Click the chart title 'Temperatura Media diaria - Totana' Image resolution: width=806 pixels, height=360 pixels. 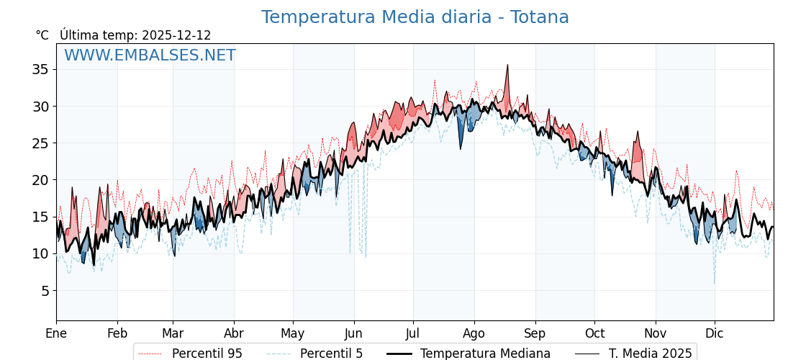click(415, 17)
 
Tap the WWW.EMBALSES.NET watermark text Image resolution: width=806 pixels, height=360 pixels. click(150, 55)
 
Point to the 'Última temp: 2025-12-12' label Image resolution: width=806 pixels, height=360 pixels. click(135, 35)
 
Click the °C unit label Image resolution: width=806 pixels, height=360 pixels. click(42, 35)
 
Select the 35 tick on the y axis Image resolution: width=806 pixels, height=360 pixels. click(40, 69)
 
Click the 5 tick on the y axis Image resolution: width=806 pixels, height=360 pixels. click(44, 291)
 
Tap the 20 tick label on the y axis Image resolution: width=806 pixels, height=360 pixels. click(40, 180)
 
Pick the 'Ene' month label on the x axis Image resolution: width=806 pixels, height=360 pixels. click(56, 333)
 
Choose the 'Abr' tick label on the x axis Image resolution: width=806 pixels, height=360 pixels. click(234, 333)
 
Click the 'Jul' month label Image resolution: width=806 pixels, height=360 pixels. click(413, 333)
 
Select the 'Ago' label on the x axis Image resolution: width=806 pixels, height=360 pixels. click(474, 333)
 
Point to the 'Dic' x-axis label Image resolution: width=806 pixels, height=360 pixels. click(715, 333)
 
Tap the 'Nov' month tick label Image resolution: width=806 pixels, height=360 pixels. click(656, 333)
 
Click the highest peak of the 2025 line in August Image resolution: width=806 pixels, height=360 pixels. click(507, 65)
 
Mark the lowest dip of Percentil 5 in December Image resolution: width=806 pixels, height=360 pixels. click(715, 283)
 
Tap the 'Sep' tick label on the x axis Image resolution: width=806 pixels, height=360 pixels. click(535, 333)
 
